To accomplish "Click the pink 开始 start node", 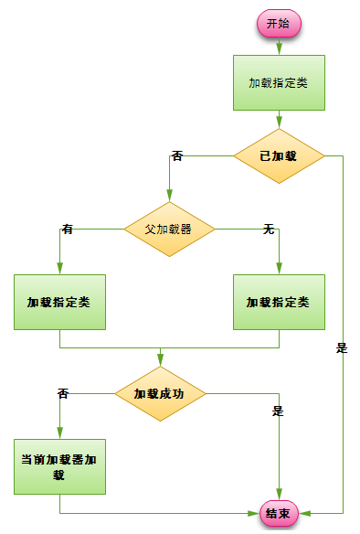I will tap(279, 25).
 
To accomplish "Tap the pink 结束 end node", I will tap(279, 514).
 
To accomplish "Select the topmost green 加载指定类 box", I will tap(279, 82).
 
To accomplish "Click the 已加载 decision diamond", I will tap(279, 155).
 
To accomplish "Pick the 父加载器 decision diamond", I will tap(169, 229).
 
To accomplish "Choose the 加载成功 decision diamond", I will tap(160, 394).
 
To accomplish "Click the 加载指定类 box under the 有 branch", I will tap(59, 302).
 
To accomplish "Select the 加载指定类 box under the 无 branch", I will tap(279, 302).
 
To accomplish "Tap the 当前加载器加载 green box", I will tap(59, 467).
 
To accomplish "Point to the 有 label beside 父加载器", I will tap(68, 230).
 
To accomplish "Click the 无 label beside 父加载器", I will tap(269, 230).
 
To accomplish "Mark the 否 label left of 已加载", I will tap(177, 156).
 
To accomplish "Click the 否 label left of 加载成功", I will tap(63, 394).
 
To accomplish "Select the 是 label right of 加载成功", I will tap(278, 411).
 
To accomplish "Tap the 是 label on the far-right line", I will tap(343, 347).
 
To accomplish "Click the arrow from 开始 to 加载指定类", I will tap(279, 46).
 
